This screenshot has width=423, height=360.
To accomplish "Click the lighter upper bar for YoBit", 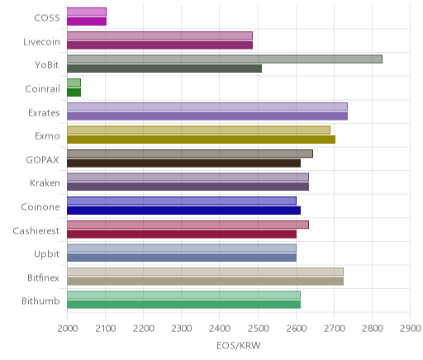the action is pyautogui.click(x=225, y=59).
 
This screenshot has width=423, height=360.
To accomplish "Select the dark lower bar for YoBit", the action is pyautogui.click(x=164, y=69).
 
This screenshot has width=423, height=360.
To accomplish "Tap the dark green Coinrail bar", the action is pyautogui.click(x=74, y=92).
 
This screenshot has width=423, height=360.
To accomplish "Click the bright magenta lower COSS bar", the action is pyautogui.click(x=87, y=21).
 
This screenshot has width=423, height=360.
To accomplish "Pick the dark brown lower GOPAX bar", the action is pyautogui.click(x=183, y=163).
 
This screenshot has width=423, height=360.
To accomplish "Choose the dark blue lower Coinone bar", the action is pyautogui.click(x=183, y=211).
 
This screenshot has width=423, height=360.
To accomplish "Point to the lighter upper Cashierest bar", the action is pyautogui.click(x=188, y=225).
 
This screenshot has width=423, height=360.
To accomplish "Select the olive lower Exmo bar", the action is pyautogui.click(x=201, y=140).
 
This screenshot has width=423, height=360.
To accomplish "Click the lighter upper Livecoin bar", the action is pyautogui.click(x=159, y=36).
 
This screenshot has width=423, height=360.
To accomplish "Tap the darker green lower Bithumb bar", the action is pyautogui.click(x=183, y=305).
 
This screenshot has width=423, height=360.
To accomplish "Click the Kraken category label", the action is pyautogui.click(x=45, y=183).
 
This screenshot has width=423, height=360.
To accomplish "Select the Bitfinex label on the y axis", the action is pyautogui.click(x=44, y=277).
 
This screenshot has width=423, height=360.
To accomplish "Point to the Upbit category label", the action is pyautogui.click(x=47, y=254).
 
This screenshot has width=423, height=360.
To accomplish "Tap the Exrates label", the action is pyautogui.click(x=44, y=112).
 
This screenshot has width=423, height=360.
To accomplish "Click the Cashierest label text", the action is pyautogui.click(x=36, y=230).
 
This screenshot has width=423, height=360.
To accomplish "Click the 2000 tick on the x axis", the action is pyautogui.click(x=67, y=329).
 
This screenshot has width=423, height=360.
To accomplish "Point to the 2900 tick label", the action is pyautogui.click(x=411, y=329).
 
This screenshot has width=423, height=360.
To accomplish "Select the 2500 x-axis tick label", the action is pyautogui.click(x=258, y=329).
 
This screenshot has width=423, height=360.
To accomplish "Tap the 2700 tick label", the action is pyautogui.click(x=335, y=329).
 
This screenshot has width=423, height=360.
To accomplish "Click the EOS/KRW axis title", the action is pyautogui.click(x=239, y=345).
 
